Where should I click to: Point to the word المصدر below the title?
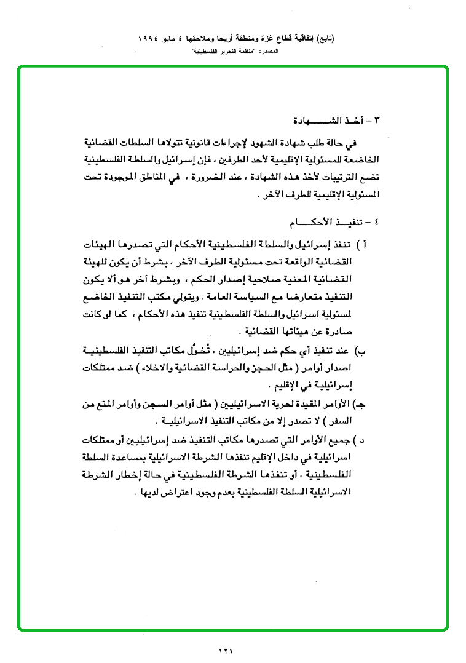270,51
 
